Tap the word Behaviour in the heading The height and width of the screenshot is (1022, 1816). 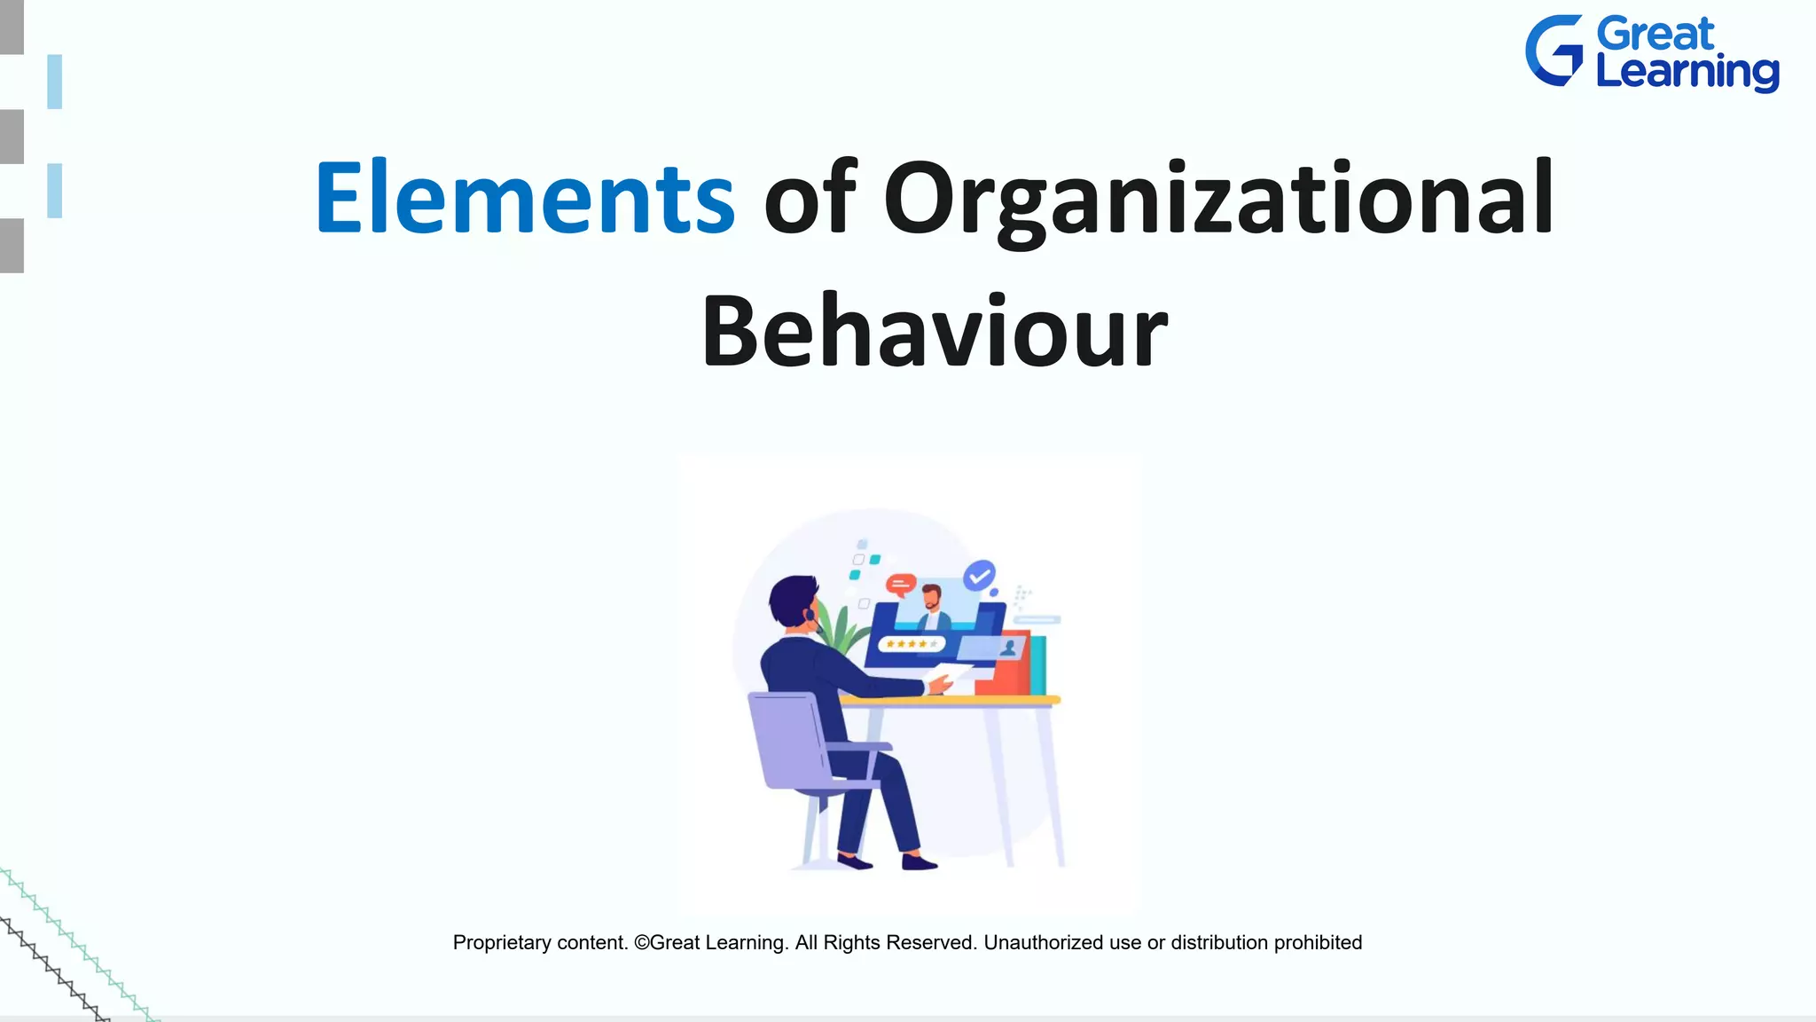click(934, 332)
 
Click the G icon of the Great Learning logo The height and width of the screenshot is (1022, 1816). click(1554, 51)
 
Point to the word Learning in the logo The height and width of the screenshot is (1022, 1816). click(1687, 72)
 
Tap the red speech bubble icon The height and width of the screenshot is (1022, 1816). click(901, 584)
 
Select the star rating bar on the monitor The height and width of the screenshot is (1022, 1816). click(911, 644)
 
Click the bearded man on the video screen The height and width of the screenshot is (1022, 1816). click(932, 607)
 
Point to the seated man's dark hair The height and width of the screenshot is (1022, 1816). click(791, 598)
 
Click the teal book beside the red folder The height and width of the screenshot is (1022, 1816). click(1038, 665)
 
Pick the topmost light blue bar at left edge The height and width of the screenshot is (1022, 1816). click(55, 82)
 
